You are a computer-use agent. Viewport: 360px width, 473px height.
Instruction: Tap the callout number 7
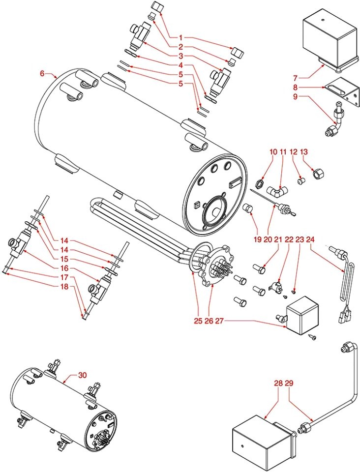(296, 78)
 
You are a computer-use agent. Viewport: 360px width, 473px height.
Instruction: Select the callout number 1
(181, 37)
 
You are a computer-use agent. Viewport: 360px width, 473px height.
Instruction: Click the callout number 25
(198, 322)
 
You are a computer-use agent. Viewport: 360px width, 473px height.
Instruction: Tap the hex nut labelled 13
(318, 174)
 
